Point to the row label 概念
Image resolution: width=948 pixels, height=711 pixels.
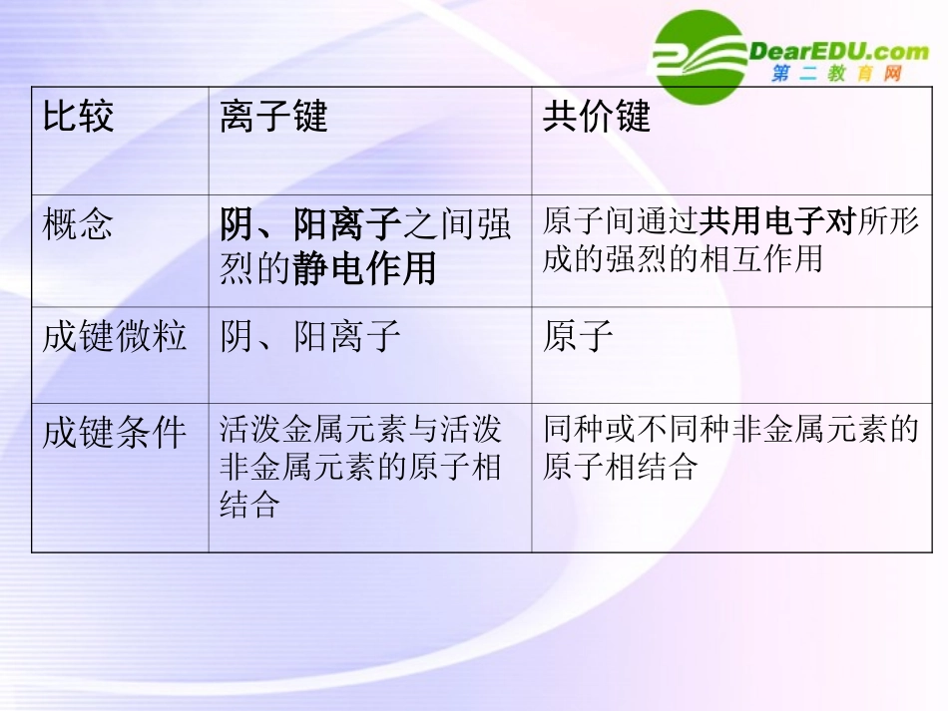(78, 225)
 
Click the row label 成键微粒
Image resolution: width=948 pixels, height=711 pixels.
(114, 337)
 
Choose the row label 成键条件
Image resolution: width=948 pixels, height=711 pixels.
(114, 434)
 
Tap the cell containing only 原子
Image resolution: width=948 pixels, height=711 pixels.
(578, 337)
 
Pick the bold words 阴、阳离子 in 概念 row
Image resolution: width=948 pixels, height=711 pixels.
(310, 225)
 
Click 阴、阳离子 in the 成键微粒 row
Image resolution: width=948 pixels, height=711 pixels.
(310, 337)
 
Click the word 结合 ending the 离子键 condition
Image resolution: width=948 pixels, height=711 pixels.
(248, 505)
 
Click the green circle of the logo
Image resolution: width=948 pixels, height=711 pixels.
(699, 55)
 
